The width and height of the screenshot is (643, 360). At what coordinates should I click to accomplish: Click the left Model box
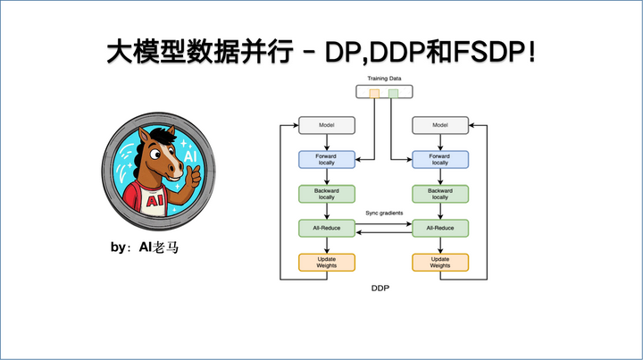327,126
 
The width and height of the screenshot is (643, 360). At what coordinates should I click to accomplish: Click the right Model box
439,126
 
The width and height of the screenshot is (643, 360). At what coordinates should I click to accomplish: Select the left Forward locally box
327,159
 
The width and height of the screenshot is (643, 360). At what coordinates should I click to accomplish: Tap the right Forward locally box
439,159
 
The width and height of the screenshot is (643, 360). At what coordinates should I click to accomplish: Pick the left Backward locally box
327,193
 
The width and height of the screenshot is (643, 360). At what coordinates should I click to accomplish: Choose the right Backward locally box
439,193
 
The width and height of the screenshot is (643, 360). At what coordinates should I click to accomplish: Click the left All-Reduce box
327,228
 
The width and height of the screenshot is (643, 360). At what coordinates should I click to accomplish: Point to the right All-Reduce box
439,228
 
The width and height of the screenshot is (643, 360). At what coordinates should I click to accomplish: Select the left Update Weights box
327,262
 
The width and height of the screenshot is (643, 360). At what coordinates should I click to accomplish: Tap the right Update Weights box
439,262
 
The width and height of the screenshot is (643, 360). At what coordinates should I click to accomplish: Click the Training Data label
383,79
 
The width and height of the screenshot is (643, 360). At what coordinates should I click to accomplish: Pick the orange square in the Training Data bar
373,93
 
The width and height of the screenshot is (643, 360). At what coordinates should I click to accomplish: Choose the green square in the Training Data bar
393,93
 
